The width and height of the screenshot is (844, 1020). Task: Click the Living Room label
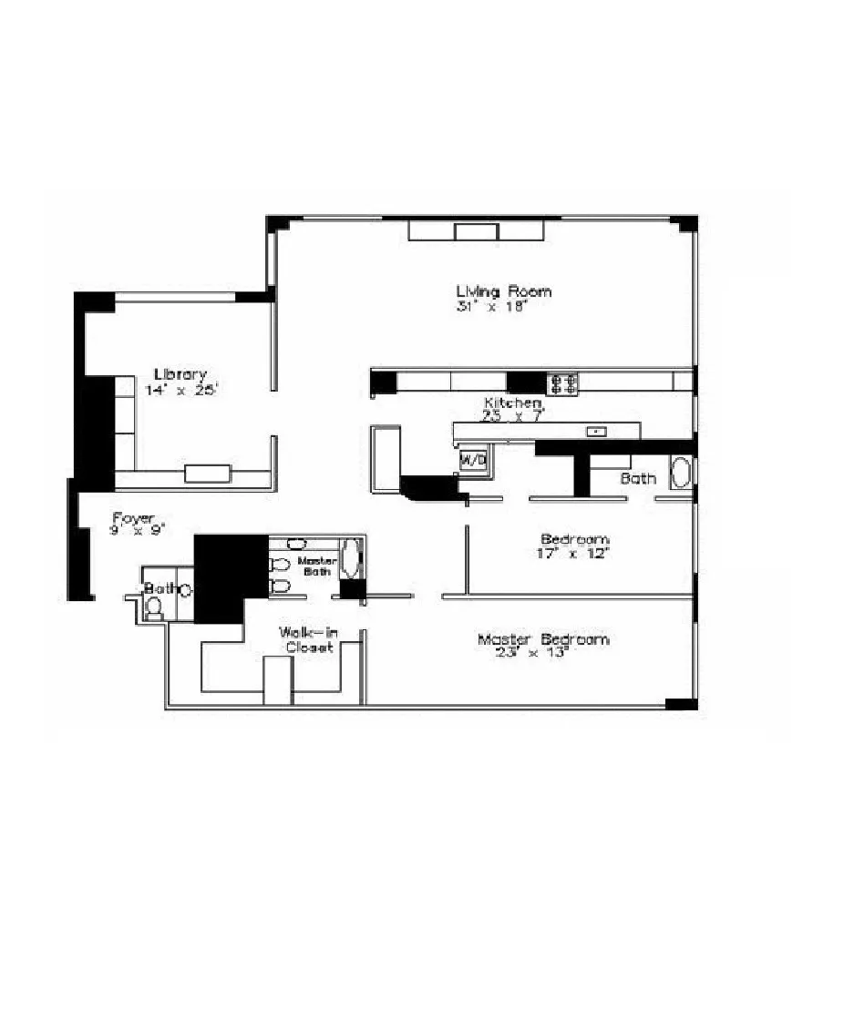point(503,291)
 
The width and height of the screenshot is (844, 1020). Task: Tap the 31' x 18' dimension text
point(492,308)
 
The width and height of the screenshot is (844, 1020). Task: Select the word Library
point(180,374)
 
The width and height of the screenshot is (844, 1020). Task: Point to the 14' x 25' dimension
point(181,390)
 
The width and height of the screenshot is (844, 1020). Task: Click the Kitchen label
point(512,403)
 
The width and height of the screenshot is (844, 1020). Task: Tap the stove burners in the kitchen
point(562,383)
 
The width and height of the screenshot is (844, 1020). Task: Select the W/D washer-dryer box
point(473,460)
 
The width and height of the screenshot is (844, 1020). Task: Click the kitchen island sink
point(598,431)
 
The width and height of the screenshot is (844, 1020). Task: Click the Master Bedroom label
point(543,639)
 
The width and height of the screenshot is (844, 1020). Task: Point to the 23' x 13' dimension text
point(532,653)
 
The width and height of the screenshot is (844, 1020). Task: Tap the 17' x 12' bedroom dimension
point(574,553)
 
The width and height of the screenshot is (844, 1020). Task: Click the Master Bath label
point(317,566)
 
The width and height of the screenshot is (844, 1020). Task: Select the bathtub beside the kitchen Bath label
point(681,474)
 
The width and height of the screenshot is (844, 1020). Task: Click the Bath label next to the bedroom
point(638,478)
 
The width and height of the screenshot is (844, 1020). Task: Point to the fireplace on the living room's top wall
point(477,230)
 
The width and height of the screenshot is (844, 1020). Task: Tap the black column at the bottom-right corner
point(681,703)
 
